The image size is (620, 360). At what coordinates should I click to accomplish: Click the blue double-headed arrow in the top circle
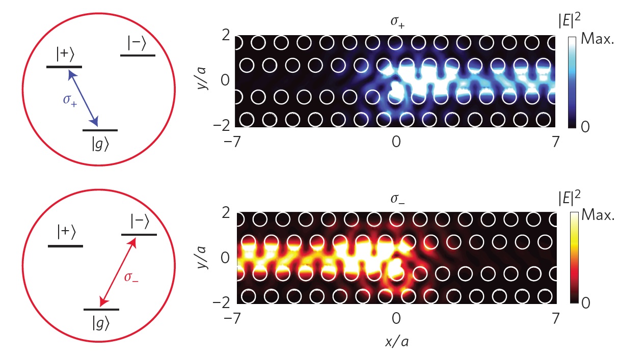click(x=83, y=98)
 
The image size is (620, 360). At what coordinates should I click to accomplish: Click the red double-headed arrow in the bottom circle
click(x=118, y=272)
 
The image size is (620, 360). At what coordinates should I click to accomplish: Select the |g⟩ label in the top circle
click(x=100, y=145)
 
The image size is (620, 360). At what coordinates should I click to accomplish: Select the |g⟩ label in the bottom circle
click(x=101, y=323)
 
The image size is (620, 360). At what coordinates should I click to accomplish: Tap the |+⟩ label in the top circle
click(x=65, y=54)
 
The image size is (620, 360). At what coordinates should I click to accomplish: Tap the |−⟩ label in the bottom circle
click(x=140, y=221)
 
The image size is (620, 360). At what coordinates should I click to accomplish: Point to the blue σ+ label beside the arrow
click(x=70, y=100)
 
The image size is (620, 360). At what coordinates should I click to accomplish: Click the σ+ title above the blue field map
click(x=397, y=22)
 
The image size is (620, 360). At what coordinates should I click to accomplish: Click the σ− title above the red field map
click(x=397, y=199)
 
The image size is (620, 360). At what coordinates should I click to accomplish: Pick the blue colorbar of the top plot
click(x=572, y=82)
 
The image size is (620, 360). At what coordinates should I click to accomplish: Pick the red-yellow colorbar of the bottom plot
click(x=574, y=258)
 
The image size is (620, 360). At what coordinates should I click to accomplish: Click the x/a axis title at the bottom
click(x=397, y=342)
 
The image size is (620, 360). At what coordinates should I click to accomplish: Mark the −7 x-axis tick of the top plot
click(x=233, y=142)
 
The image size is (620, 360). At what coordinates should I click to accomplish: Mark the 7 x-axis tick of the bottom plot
click(x=555, y=319)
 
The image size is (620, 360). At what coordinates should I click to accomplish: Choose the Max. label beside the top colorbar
click(x=598, y=39)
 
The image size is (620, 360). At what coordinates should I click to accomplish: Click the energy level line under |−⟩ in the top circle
click(x=138, y=56)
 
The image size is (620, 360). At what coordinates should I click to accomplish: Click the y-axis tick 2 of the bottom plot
click(x=226, y=213)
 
